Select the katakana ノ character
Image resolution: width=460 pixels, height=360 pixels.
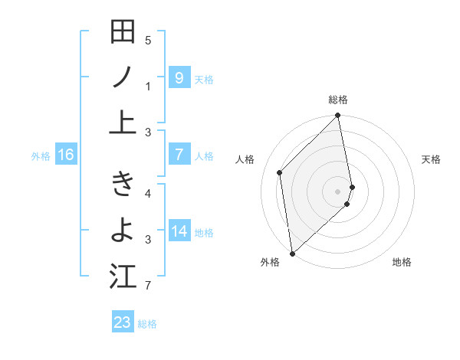pyautogui.click(x=123, y=77)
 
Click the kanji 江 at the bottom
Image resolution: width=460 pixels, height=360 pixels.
pyautogui.click(x=123, y=277)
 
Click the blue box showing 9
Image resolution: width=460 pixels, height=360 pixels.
pyautogui.click(x=179, y=77)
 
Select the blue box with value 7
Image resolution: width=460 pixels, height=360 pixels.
pyautogui.click(x=179, y=155)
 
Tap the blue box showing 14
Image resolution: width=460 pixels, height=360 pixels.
pyautogui.click(x=179, y=231)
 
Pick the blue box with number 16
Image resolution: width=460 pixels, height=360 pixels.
pyautogui.click(x=66, y=155)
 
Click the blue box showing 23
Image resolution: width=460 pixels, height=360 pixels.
pyautogui.click(x=123, y=322)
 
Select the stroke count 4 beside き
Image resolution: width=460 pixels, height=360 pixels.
pyautogui.click(x=148, y=193)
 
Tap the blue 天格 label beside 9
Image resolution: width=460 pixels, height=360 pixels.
pyautogui.click(x=204, y=79)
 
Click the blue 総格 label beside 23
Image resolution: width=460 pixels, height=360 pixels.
pyautogui.click(x=147, y=324)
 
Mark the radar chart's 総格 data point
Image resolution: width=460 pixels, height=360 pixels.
pyautogui.click(x=337, y=116)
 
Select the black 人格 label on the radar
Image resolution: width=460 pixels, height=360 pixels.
pyautogui.click(x=245, y=159)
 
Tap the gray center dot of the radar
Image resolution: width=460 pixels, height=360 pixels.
pyautogui.click(x=338, y=191)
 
